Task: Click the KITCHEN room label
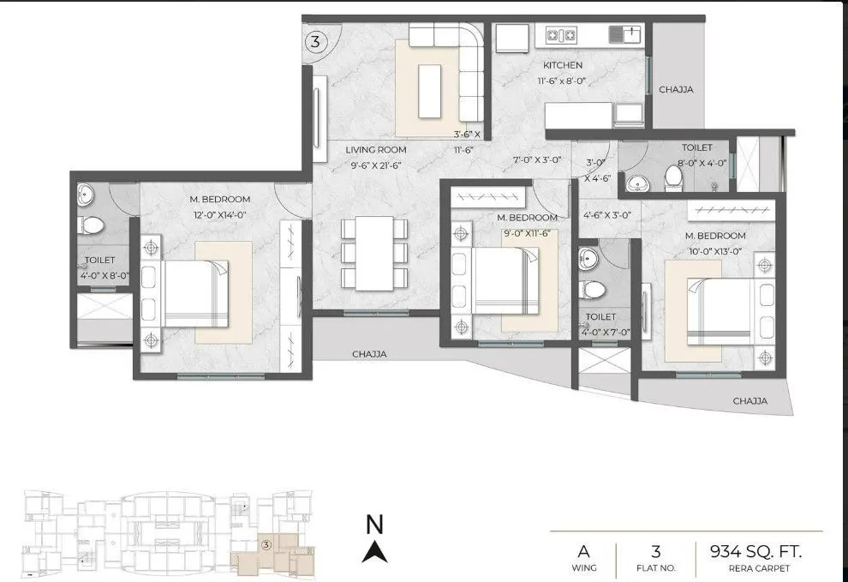(x=562, y=65)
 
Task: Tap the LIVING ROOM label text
(x=375, y=149)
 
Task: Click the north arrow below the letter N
(x=373, y=552)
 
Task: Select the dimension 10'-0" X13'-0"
(x=714, y=251)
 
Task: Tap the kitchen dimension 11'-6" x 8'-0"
(x=562, y=81)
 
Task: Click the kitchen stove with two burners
(x=560, y=35)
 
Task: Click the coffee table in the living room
(x=429, y=87)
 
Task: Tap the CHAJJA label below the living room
(x=369, y=354)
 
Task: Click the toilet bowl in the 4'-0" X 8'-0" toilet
(x=91, y=225)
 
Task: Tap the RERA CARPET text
(x=760, y=568)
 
